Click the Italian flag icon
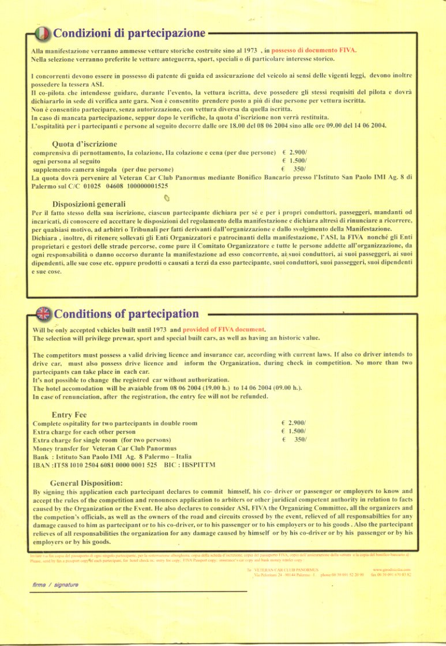point(43,33)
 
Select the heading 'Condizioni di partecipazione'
point(129,32)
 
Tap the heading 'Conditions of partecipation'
point(126,314)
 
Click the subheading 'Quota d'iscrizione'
point(84,144)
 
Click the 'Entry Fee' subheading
point(69,414)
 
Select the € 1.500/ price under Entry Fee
point(294,431)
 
